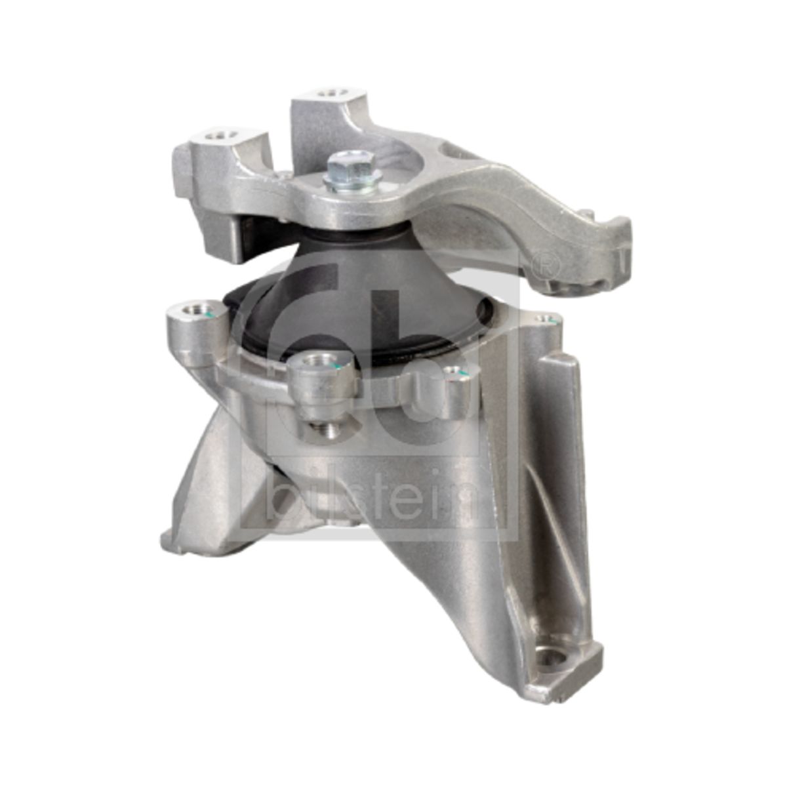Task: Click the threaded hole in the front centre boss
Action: pyautogui.click(x=320, y=360)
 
